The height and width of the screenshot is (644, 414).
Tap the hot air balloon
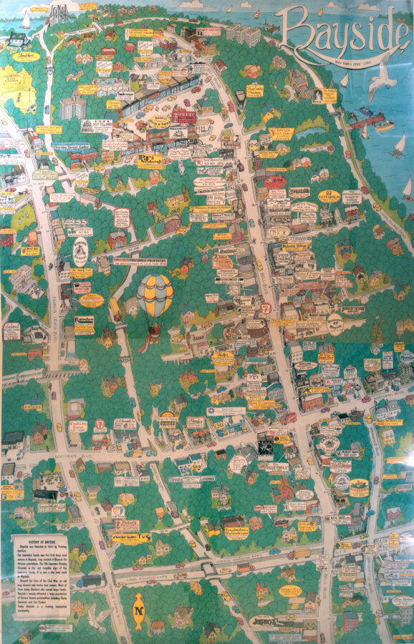155,297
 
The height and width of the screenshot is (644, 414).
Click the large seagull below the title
380,81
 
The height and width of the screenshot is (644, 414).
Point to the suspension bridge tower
59,14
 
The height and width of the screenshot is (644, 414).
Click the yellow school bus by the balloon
115,308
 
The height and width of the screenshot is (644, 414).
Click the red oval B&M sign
274,182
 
